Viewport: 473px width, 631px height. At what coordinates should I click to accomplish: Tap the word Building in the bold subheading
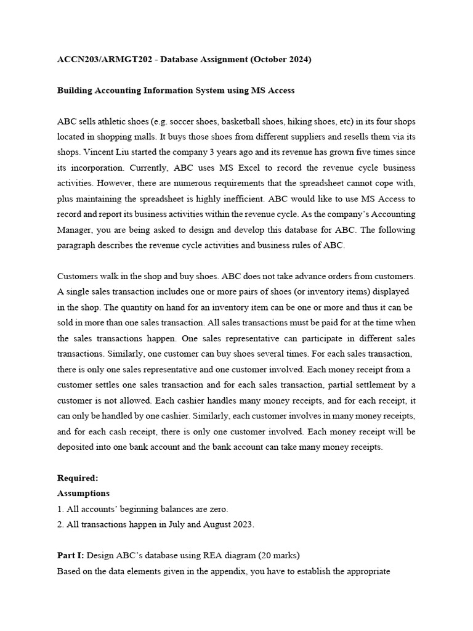pos(75,91)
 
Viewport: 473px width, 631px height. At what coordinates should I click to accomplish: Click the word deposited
pos(77,447)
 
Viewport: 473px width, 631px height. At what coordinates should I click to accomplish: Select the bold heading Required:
pos(77,478)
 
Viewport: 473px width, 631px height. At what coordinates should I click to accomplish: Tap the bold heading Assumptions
pos(83,494)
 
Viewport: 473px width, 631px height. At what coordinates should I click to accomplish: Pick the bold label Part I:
pos(70,555)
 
